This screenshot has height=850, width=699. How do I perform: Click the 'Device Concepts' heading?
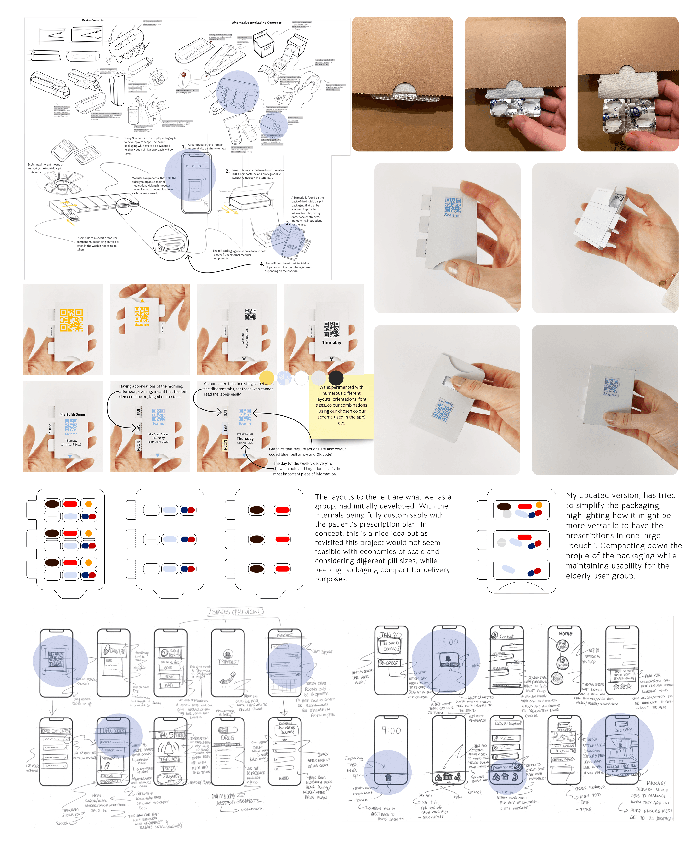93,20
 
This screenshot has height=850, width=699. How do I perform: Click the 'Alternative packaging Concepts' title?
256,23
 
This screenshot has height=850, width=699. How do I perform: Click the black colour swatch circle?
336,378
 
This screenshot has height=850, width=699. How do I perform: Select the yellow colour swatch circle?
267,378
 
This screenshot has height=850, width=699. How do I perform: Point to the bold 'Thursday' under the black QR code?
331,342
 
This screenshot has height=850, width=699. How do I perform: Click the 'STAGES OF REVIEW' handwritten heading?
236,612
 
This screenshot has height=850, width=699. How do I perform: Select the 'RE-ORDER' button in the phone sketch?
389,663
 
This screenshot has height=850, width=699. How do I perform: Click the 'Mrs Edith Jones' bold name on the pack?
73,414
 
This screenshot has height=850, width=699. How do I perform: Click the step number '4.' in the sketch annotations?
262,264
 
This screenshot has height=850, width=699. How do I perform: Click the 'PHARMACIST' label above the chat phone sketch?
285,635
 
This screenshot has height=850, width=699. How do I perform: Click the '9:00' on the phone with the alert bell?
450,642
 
